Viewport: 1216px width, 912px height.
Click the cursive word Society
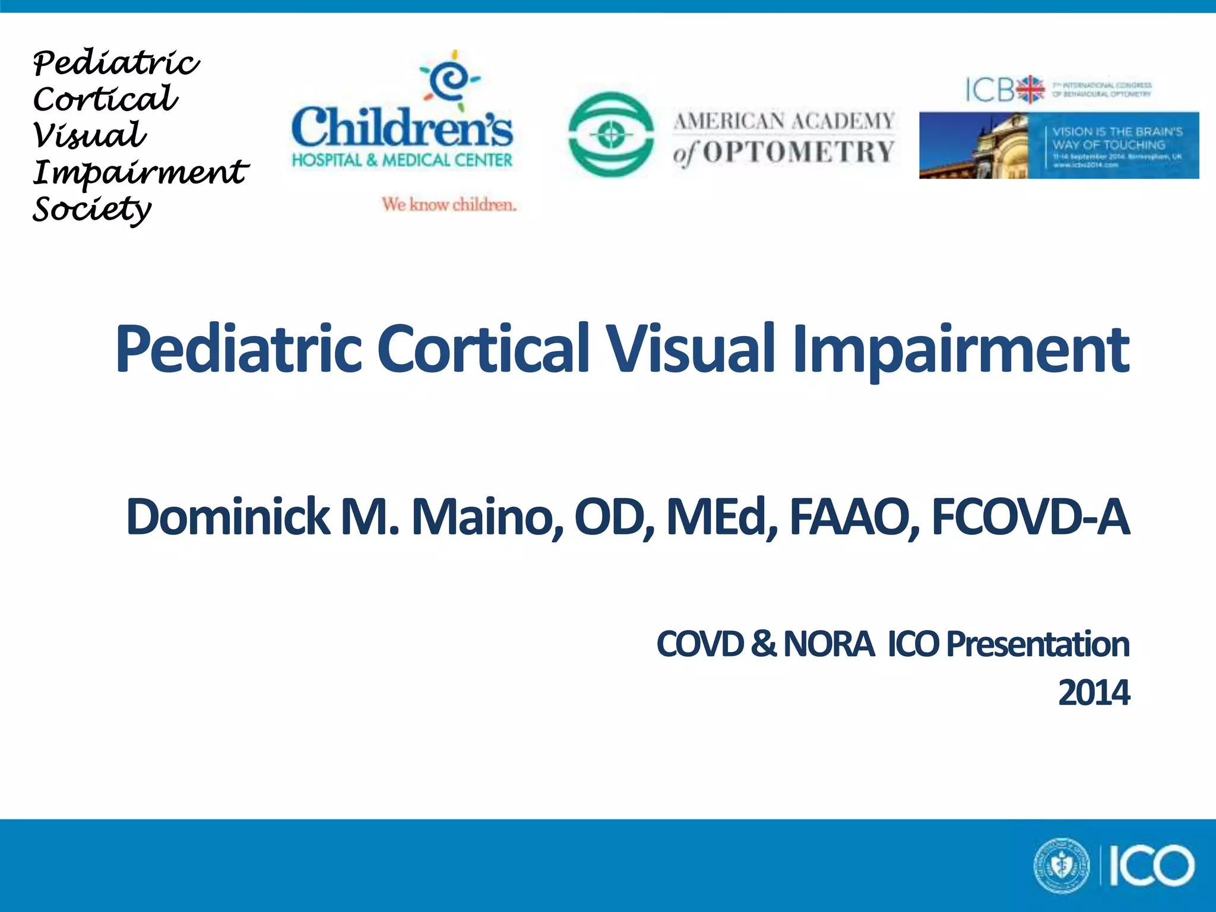[x=92, y=209]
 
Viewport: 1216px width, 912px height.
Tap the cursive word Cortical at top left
[x=105, y=99]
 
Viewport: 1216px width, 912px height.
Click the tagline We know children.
[x=449, y=204]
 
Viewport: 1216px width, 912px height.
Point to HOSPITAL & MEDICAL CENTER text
[x=402, y=160]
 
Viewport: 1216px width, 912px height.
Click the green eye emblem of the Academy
[x=611, y=135]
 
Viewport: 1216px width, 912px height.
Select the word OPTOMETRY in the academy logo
[x=799, y=153]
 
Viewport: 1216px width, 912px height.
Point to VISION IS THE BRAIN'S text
[x=1117, y=132]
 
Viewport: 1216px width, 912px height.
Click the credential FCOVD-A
[x=1030, y=517]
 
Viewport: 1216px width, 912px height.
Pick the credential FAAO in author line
[x=854, y=517]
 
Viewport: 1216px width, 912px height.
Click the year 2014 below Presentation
[x=1094, y=693]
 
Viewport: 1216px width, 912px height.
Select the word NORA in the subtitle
[x=828, y=644]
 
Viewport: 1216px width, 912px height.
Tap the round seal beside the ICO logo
[x=1062, y=866]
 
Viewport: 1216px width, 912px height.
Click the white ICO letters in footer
[x=1151, y=866]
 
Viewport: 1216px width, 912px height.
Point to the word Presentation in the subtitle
[x=1037, y=644]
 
